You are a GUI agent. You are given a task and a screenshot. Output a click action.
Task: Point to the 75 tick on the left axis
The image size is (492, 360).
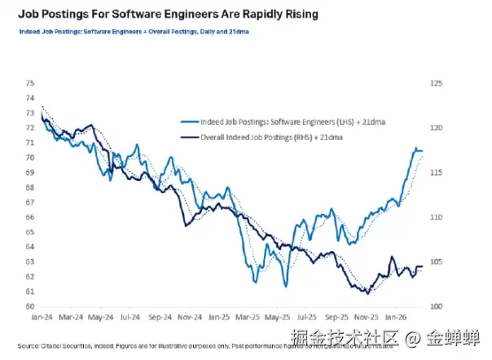(30, 83)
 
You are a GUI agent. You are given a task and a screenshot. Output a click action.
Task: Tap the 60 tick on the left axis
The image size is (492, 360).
(30, 306)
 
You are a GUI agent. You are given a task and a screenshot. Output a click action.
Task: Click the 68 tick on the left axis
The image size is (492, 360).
(30, 187)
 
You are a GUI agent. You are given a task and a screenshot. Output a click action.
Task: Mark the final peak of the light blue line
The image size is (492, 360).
(416, 148)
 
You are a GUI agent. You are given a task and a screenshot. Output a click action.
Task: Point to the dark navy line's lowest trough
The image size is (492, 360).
(368, 293)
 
